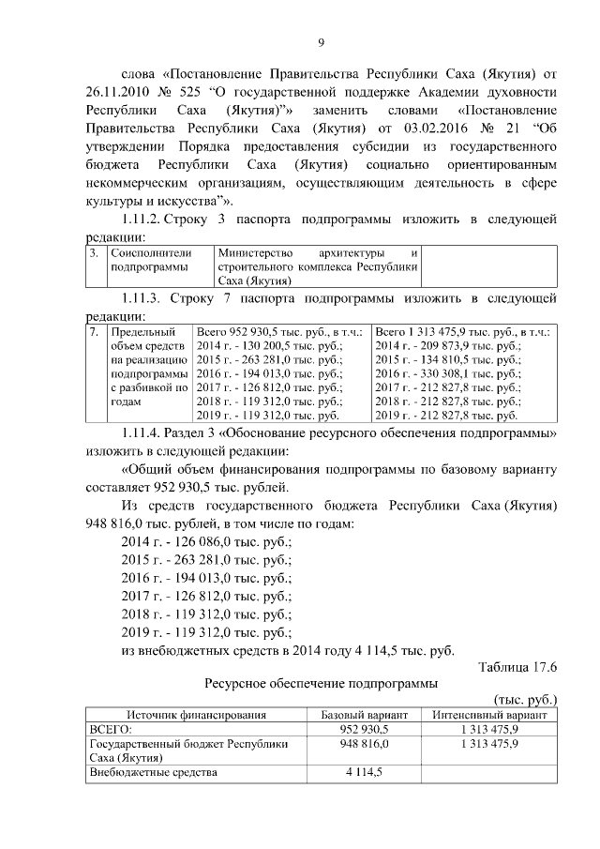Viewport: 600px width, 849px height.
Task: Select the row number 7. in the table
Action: click(95, 332)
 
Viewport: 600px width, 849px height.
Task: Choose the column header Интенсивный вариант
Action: click(489, 715)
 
